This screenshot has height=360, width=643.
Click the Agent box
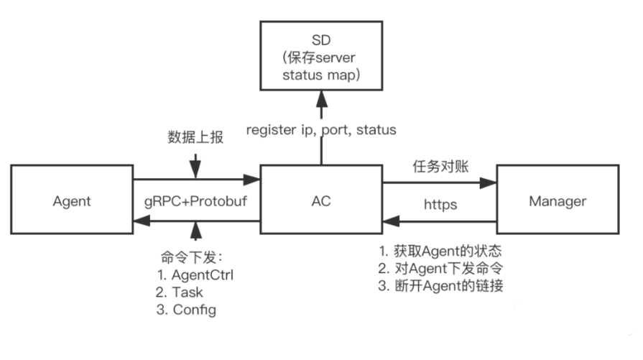tap(72, 201)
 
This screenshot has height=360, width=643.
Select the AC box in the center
tap(320, 201)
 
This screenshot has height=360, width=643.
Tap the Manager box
tap(558, 201)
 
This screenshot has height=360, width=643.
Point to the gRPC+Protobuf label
tap(195, 202)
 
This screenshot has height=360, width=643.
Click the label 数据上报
tap(195, 137)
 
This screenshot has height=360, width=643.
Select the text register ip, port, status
tap(321, 130)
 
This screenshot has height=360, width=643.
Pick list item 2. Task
tap(179, 292)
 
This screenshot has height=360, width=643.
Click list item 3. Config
tap(185, 310)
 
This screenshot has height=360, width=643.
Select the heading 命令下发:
tap(193, 257)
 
